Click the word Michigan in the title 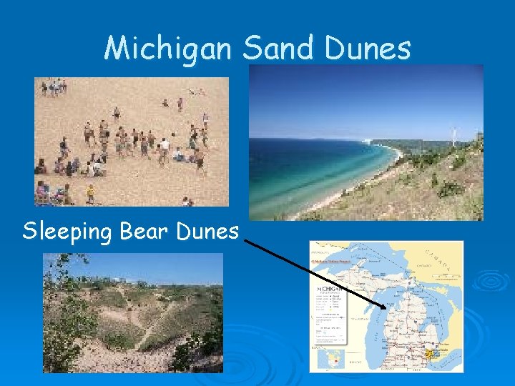coord(168,49)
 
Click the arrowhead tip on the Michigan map coord(384,308)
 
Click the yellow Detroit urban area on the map coord(431,353)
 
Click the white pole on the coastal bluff coord(453,136)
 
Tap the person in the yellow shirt coord(90,193)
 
